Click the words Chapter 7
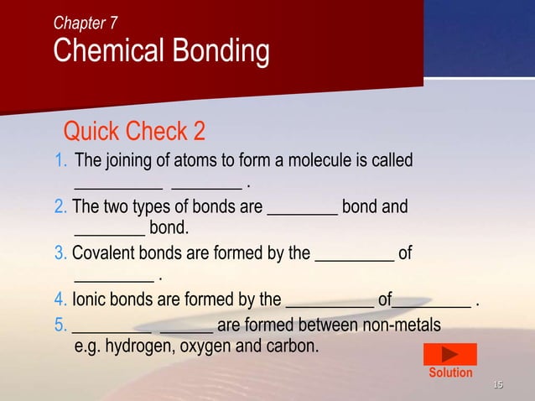[86, 23]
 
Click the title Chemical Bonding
[161, 52]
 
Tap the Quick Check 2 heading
[134, 132]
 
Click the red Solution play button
[450, 354]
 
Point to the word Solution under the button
[450, 372]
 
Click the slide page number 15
[497, 385]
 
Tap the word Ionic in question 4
[89, 299]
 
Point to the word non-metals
[400, 325]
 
